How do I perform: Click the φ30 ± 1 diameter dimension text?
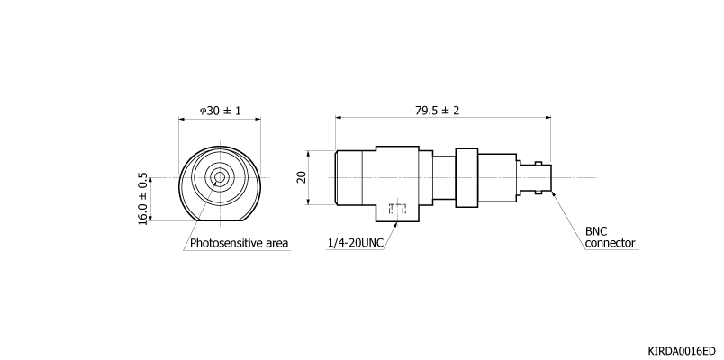pos(220,111)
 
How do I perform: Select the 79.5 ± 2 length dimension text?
pos(438,111)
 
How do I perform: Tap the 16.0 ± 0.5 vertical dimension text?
pos(143,199)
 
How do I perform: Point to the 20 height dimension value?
pos(302,177)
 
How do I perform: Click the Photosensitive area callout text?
pos(240,243)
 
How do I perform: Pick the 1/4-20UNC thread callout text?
pos(356,243)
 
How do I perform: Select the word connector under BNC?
pos(610,243)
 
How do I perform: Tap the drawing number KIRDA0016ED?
pos(682,351)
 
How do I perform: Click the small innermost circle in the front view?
pos(220,177)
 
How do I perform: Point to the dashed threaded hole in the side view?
pos(397,208)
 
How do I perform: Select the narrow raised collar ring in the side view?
pos(466,177)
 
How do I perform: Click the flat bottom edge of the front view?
pos(220,221)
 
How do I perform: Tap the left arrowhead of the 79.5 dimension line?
pos(339,118)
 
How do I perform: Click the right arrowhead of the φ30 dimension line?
pos(258,119)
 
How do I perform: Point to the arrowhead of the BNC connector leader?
pos(553,193)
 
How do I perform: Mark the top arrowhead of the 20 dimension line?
pos(308,154)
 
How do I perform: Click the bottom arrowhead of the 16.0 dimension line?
pos(151,218)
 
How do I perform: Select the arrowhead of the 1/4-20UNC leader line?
pos(395,225)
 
